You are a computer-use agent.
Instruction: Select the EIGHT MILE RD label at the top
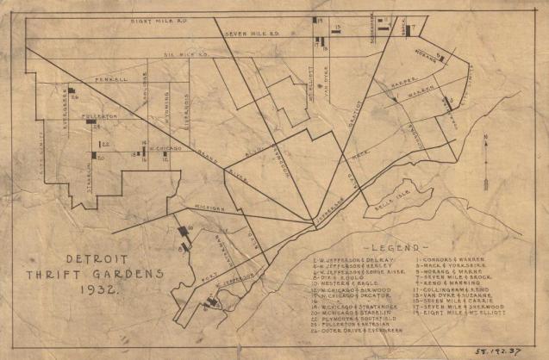[160, 20]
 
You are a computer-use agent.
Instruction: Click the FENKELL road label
[111, 78]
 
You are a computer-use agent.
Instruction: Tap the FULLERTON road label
[100, 115]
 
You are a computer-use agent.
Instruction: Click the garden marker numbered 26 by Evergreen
[71, 89]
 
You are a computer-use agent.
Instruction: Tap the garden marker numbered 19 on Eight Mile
[317, 20]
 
